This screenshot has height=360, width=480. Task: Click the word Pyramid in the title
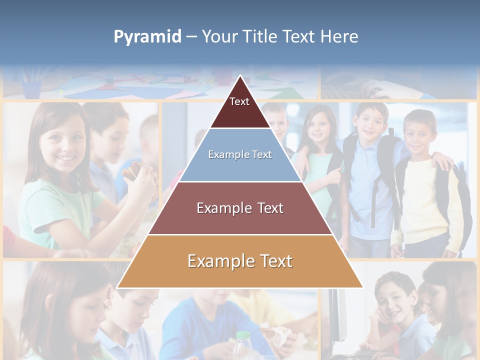click(x=147, y=37)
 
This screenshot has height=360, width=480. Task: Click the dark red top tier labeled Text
click(x=239, y=107)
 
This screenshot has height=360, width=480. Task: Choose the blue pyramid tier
click(x=240, y=155)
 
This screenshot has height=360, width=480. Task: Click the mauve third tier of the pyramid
click(x=240, y=208)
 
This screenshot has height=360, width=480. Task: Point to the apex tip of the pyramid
click(x=240, y=76)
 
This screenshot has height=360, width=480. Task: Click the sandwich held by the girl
click(x=131, y=172)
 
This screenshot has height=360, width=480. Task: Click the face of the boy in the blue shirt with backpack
click(x=371, y=123)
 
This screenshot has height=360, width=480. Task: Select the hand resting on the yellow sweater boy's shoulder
click(x=442, y=161)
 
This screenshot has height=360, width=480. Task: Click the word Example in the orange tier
click(x=216, y=261)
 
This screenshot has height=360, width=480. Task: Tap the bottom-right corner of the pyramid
click(x=362, y=287)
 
